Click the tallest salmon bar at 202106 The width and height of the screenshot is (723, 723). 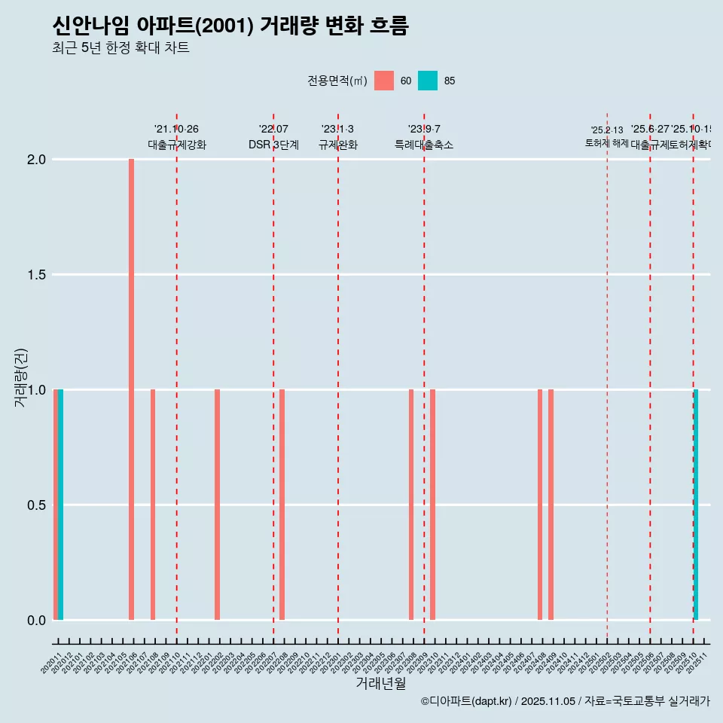pos(131,389)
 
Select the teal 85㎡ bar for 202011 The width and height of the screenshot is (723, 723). pos(61,505)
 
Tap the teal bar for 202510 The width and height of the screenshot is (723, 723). pos(696,505)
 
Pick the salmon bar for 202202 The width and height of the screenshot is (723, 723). pos(217,505)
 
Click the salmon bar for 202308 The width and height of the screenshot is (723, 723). pos(411,505)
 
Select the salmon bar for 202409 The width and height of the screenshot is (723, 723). pos(551,505)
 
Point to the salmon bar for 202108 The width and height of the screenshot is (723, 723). pos(153,505)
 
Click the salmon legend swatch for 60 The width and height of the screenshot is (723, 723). pos(384,81)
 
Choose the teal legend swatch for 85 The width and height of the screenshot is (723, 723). pos(428,81)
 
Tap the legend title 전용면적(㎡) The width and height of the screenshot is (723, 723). pos(337,81)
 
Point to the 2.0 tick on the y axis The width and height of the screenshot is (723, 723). pos(38,160)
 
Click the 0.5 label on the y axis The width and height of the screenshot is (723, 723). pos(38,505)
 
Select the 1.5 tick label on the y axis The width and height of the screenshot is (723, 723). pos(38,275)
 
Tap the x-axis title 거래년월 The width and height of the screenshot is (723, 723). pos(380,683)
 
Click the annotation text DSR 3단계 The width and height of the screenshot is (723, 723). pos(273,145)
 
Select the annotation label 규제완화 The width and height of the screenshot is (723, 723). pos(337,145)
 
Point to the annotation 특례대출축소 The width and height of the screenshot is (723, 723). pos(424,145)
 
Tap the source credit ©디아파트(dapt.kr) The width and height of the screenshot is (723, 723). pos(467,701)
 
